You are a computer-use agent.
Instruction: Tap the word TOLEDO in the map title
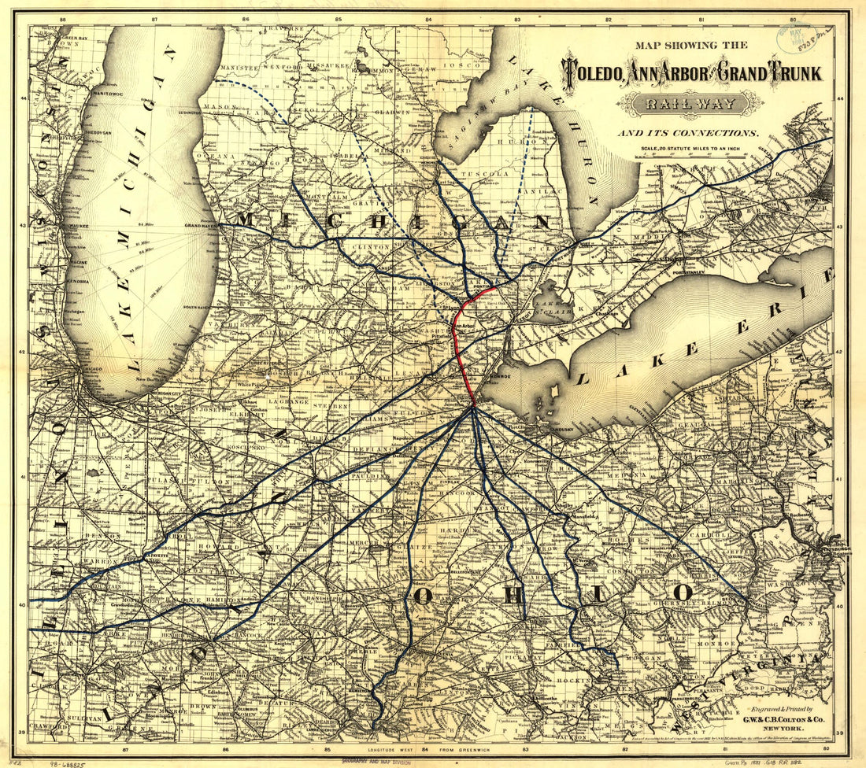pos(593,73)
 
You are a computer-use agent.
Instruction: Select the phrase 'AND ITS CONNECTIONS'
pos(687,133)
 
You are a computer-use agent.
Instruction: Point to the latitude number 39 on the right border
pos(839,732)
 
